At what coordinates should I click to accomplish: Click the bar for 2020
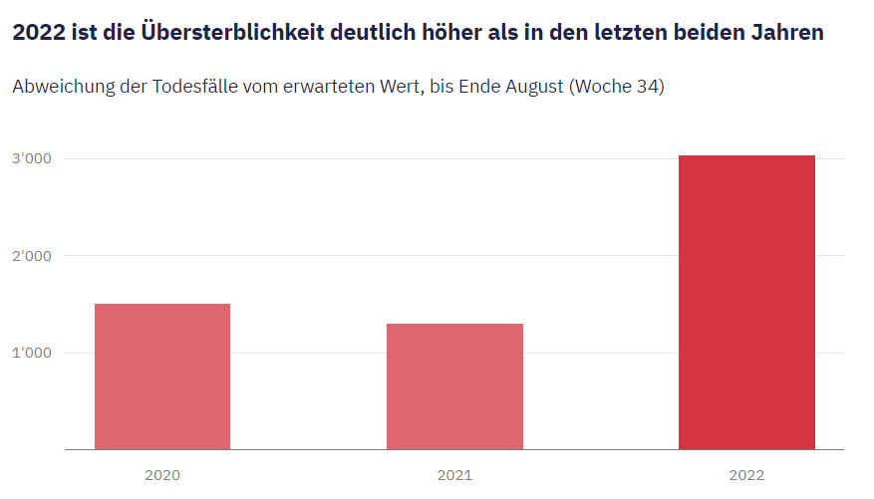[x=162, y=376]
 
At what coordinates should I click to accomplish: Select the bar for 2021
[x=454, y=386]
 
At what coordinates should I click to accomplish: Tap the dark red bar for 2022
[x=746, y=302]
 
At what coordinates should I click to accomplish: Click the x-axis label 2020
[x=162, y=475]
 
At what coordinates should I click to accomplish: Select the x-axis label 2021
[x=454, y=475]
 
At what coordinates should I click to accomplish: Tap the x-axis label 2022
[x=746, y=475]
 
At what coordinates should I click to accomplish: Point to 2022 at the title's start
[x=35, y=33]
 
